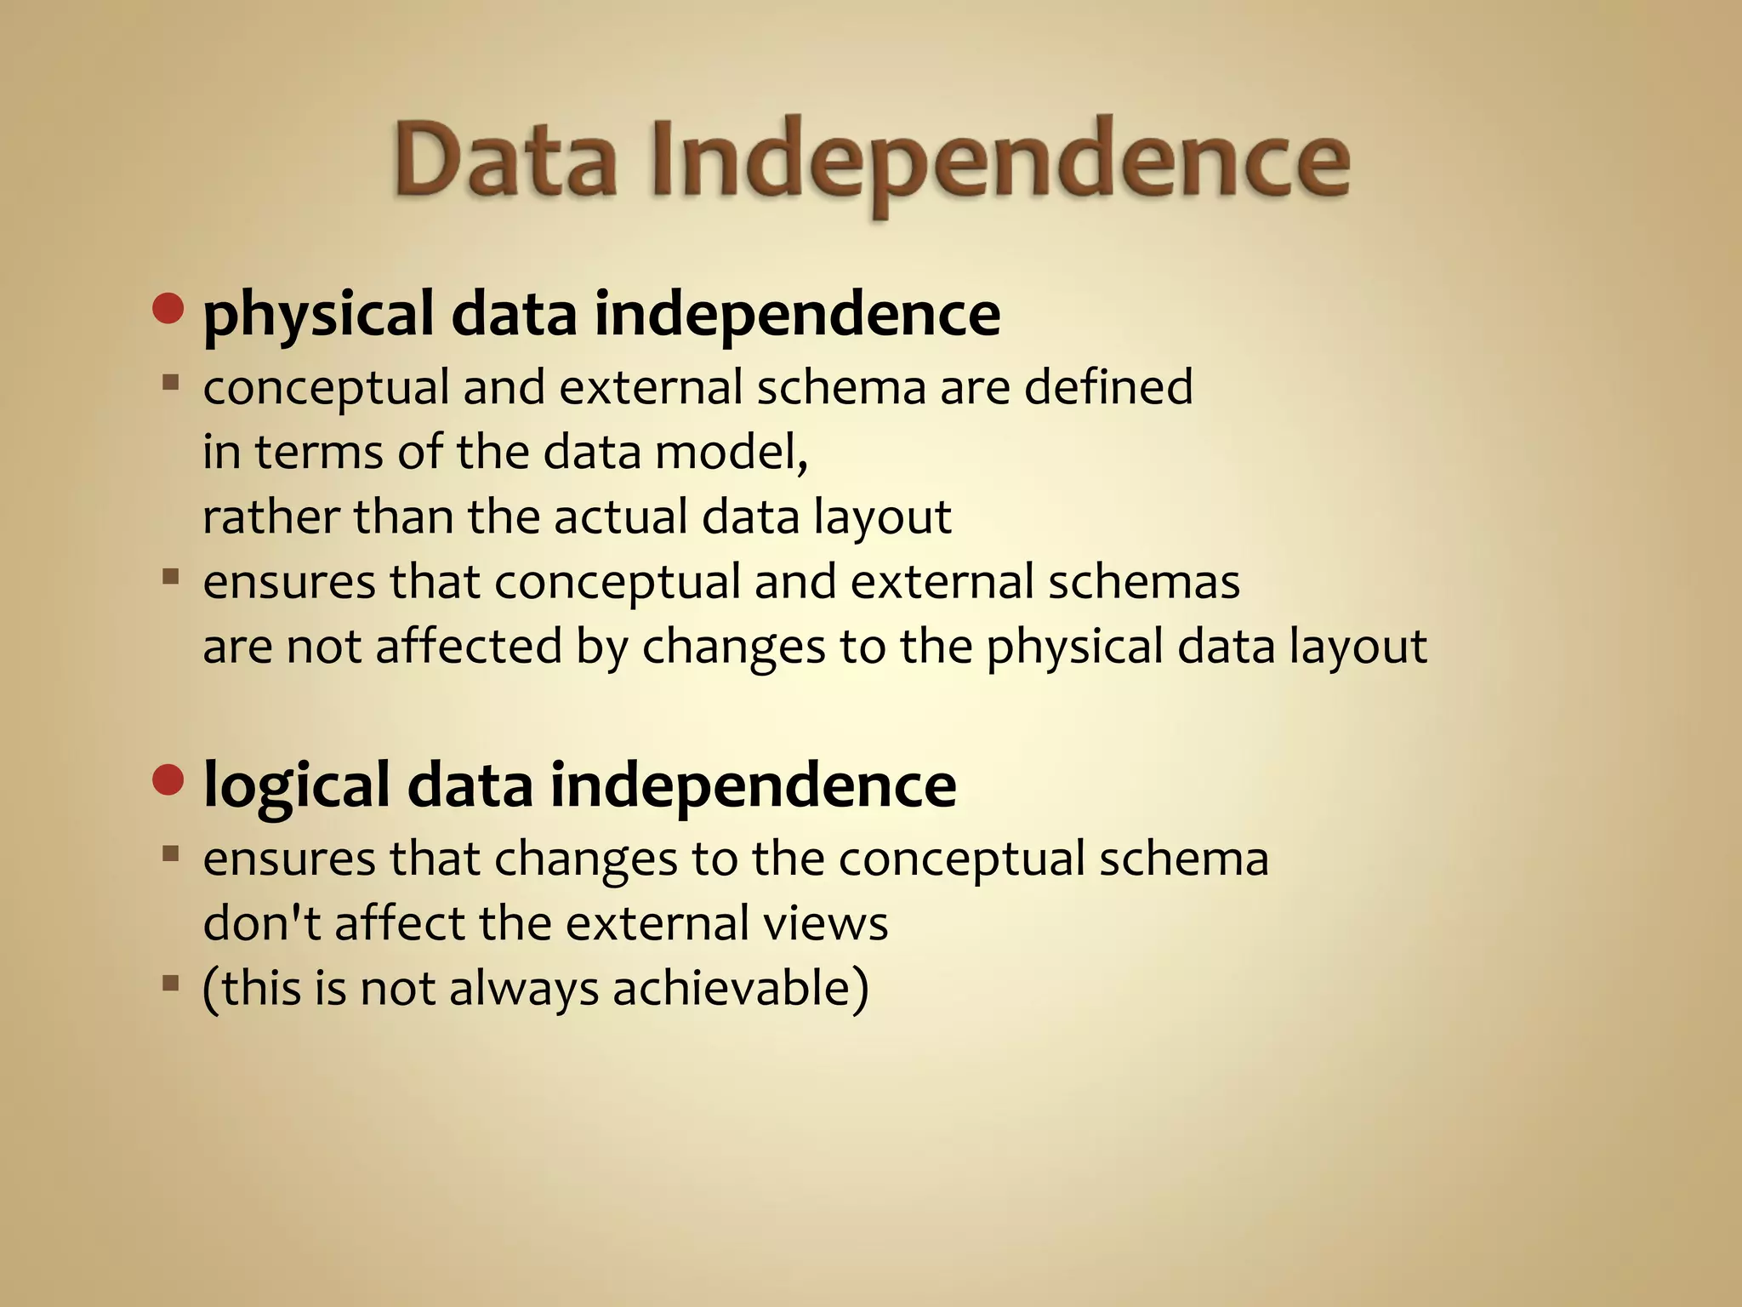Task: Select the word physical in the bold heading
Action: pyautogui.click(x=318, y=315)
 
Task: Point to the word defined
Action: pyautogui.click(x=1108, y=387)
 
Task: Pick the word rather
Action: pyautogui.click(x=270, y=517)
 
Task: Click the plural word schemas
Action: pyautogui.click(x=1143, y=582)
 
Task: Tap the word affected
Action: pyautogui.click(x=469, y=646)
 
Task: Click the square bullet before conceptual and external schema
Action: pyautogui.click(x=171, y=383)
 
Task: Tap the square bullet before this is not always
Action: pyautogui.click(x=171, y=984)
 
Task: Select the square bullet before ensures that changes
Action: pyautogui.click(x=171, y=853)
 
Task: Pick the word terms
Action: pyautogui.click(x=319, y=452)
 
